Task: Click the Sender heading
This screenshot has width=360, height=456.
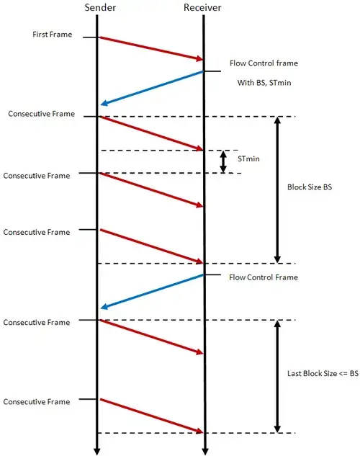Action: point(100,7)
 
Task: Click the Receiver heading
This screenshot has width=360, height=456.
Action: point(202,7)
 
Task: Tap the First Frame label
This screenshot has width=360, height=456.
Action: point(53,35)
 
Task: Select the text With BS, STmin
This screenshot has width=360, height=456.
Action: point(264,83)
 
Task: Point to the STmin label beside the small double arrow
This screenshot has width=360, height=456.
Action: point(248,158)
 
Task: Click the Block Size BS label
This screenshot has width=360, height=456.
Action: point(310,187)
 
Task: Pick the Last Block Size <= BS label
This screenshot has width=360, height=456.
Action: point(323,373)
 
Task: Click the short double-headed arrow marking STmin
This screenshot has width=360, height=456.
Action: point(223,161)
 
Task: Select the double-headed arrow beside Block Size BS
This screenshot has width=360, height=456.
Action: point(277,190)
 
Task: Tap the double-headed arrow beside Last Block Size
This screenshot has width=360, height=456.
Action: point(277,377)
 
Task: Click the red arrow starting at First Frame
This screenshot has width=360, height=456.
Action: point(151,49)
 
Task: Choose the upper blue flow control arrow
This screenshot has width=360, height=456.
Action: point(152,88)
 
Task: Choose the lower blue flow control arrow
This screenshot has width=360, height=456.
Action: point(152,292)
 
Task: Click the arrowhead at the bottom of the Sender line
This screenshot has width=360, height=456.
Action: point(97,451)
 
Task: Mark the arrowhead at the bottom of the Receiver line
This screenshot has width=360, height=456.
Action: point(205,451)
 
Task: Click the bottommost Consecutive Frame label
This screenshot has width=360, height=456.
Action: point(37,402)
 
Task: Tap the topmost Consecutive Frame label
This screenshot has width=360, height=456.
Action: point(42,114)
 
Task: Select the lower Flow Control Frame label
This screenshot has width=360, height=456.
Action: point(264,277)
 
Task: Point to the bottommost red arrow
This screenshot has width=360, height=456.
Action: point(151,416)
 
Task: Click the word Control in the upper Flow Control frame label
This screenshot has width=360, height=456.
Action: point(261,63)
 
